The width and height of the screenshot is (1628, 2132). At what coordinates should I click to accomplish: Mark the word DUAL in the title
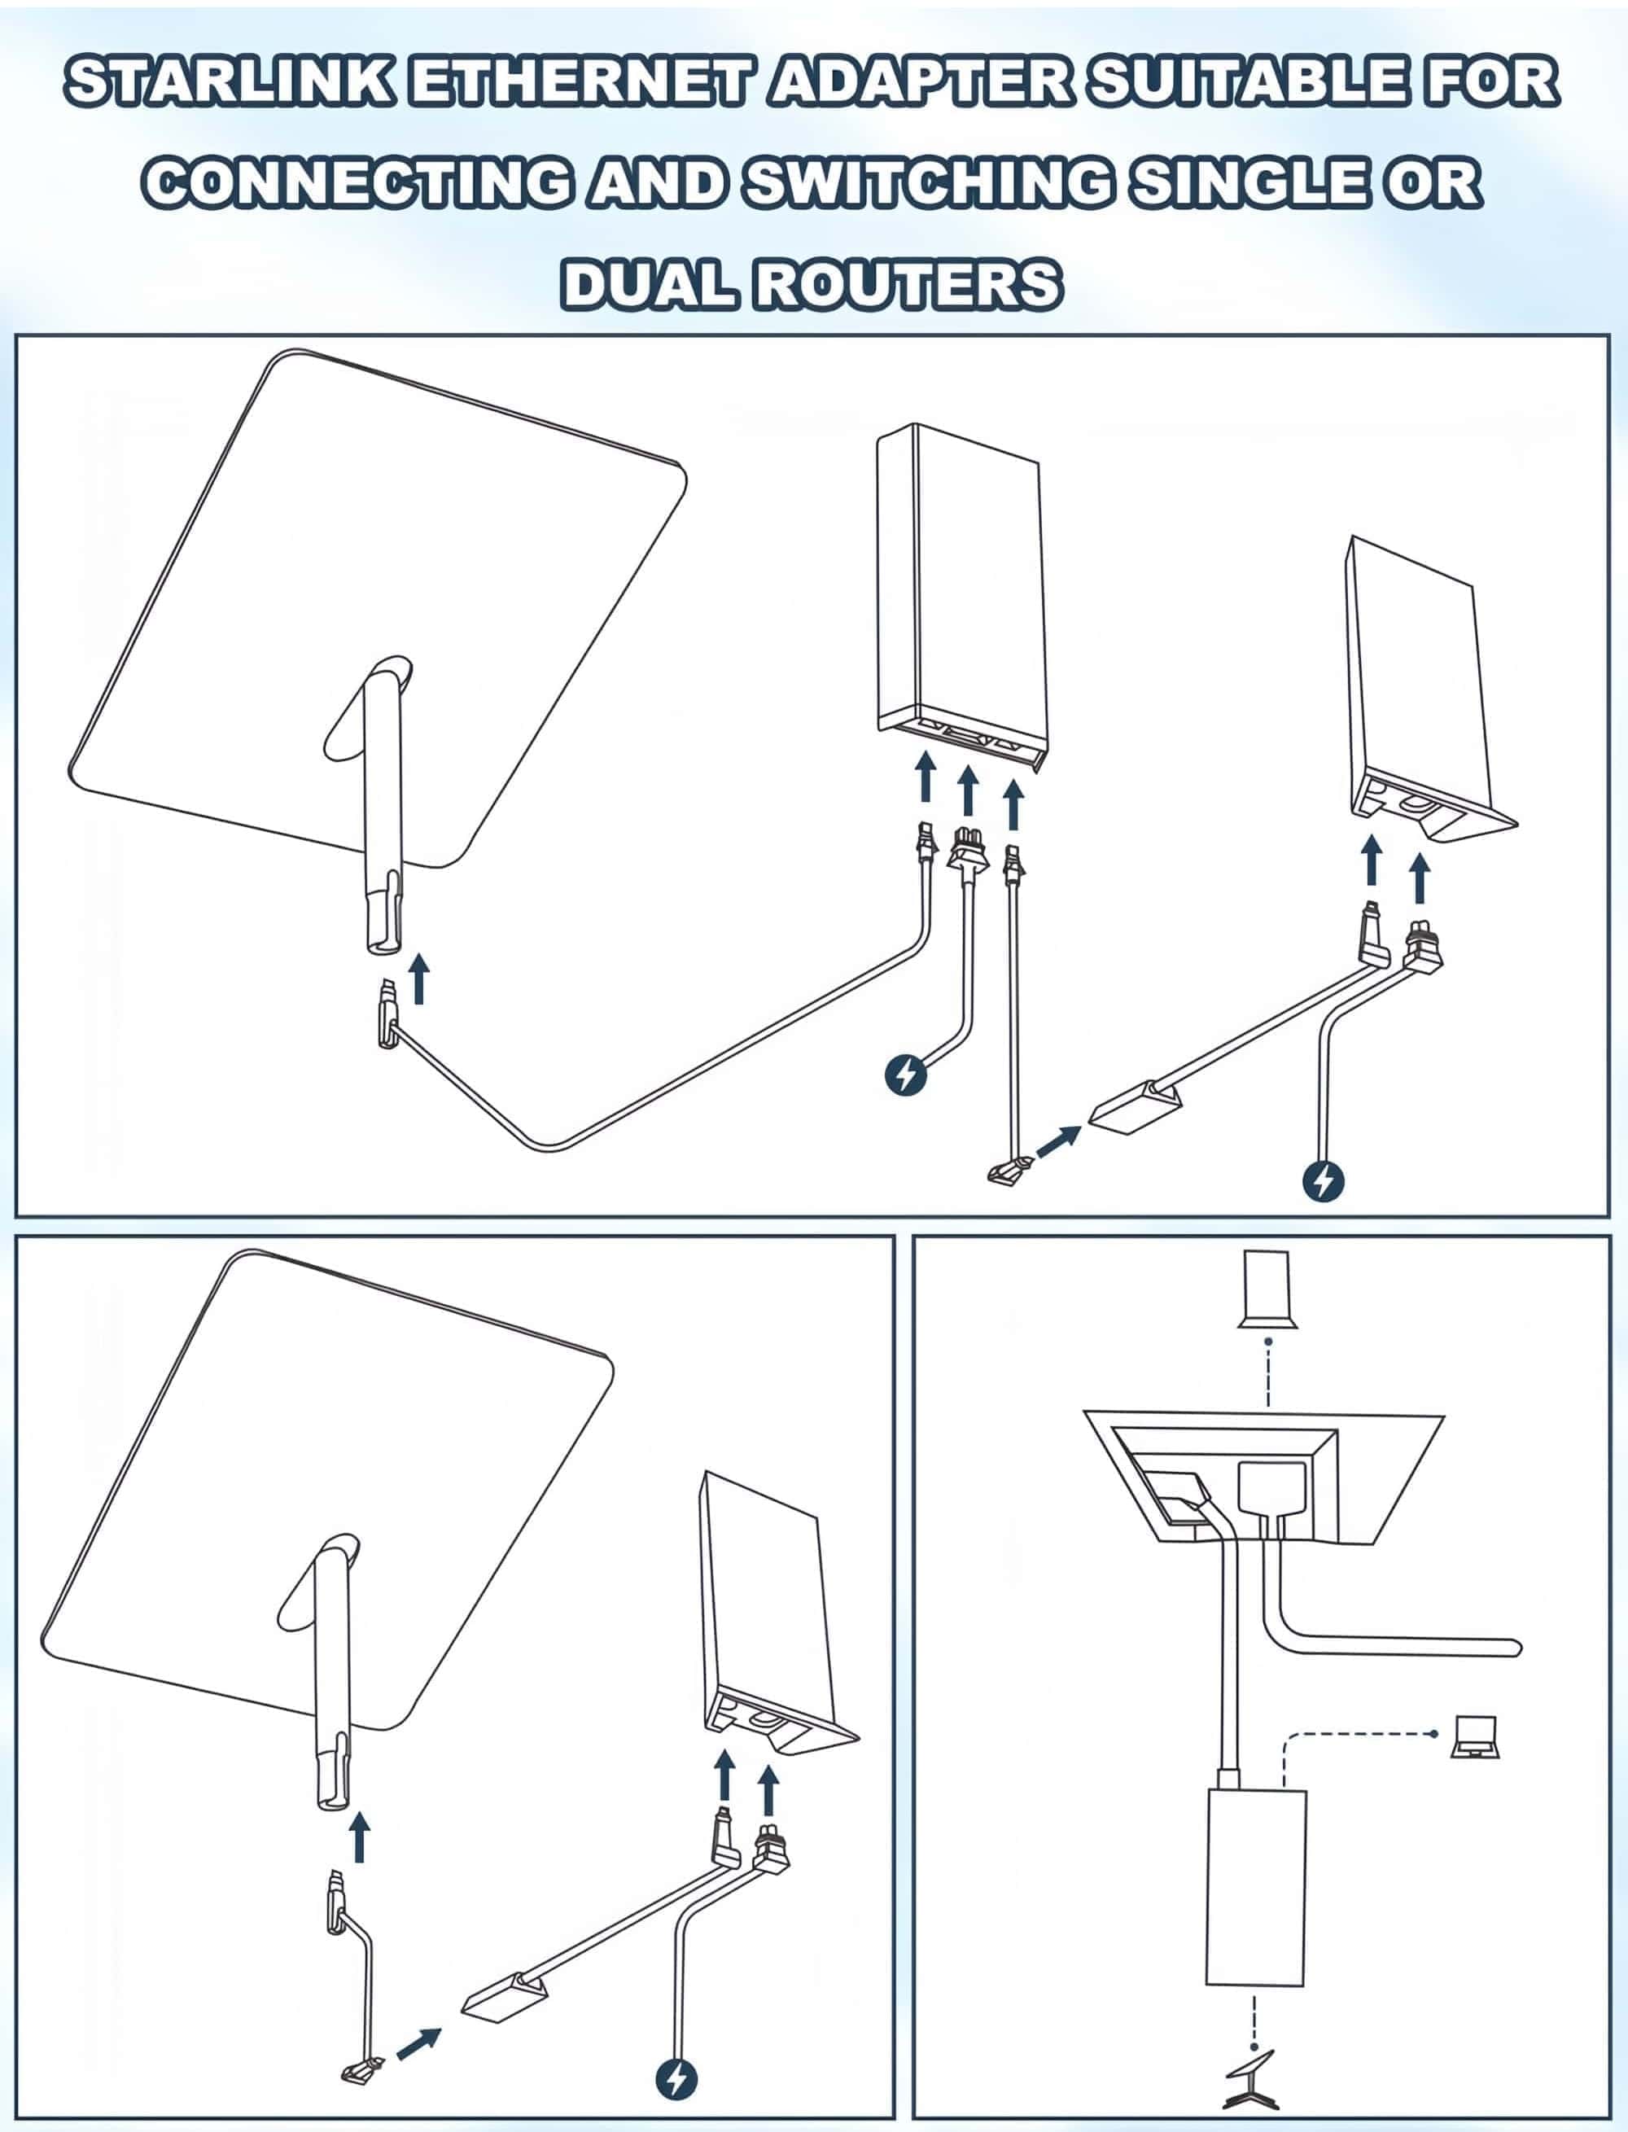pyautogui.click(x=647, y=286)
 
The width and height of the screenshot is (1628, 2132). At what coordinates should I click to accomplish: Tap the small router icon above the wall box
pyautogui.click(x=1267, y=1288)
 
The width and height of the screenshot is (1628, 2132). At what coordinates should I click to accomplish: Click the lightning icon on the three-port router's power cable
pyautogui.click(x=906, y=1075)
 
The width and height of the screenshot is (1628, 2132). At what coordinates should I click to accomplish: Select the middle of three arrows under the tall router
pyautogui.click(x=967, y=790)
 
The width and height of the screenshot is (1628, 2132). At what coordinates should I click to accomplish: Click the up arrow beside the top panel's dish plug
pyautogui.click(x=418, y=978)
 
